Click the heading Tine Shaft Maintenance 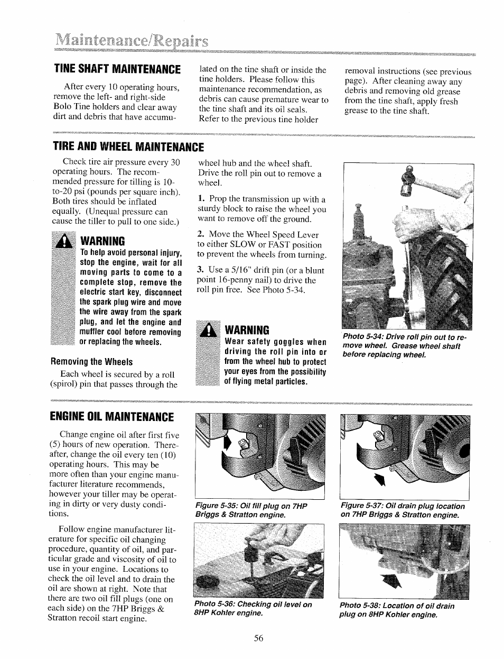point(116,69)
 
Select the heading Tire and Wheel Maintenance point(128,146)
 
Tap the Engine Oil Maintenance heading point(113,416)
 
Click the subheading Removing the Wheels point(91,362)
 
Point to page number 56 point(258,638)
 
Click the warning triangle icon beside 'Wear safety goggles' point(208,330)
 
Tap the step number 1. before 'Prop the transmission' point(201,199)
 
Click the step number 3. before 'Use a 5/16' point(201,270)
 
